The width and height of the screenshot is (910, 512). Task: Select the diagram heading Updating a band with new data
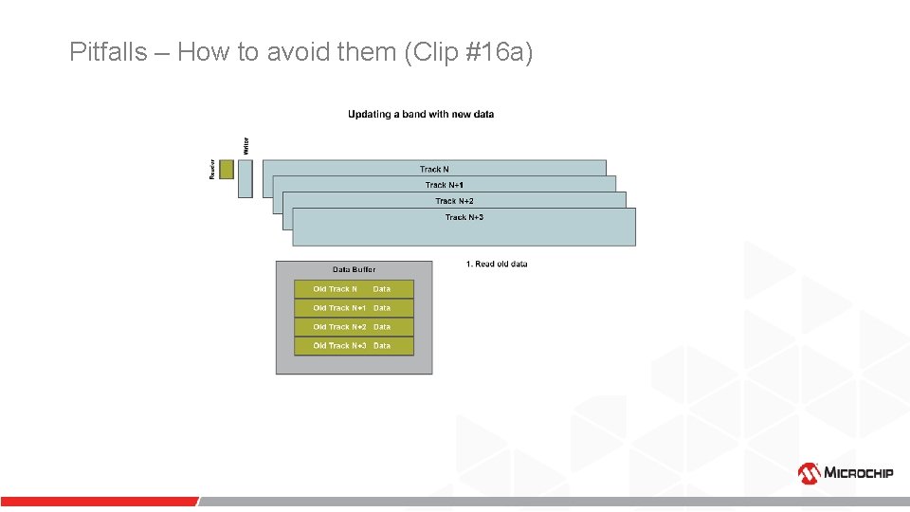tap(421, 115)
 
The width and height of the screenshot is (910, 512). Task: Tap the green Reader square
tap(226, 169)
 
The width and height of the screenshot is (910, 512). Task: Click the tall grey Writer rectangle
tap(246, 178)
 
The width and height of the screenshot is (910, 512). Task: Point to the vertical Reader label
tap(211, 169)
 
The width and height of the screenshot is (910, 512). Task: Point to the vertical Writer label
tap(246, 146)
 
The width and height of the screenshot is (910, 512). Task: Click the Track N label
tap(434, 169)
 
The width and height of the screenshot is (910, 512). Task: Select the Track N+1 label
tap(444, 185)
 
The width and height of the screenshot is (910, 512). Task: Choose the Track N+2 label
tap(454, 201)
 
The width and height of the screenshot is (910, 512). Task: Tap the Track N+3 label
tap(464, 217)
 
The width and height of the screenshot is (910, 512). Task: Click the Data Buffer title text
tap(354, 269)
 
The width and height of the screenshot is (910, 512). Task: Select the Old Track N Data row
tap(354, 289)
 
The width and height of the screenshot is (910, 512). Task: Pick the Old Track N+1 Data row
tap(354, 308)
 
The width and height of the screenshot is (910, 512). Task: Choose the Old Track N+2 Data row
tap(354, 327)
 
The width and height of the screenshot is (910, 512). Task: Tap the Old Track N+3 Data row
tap(354, 346)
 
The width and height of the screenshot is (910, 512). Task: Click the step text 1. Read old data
tap(497, 264)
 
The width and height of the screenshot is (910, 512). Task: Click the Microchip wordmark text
tap(858, 472)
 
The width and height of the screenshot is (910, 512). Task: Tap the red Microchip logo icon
tap(809, 472)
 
